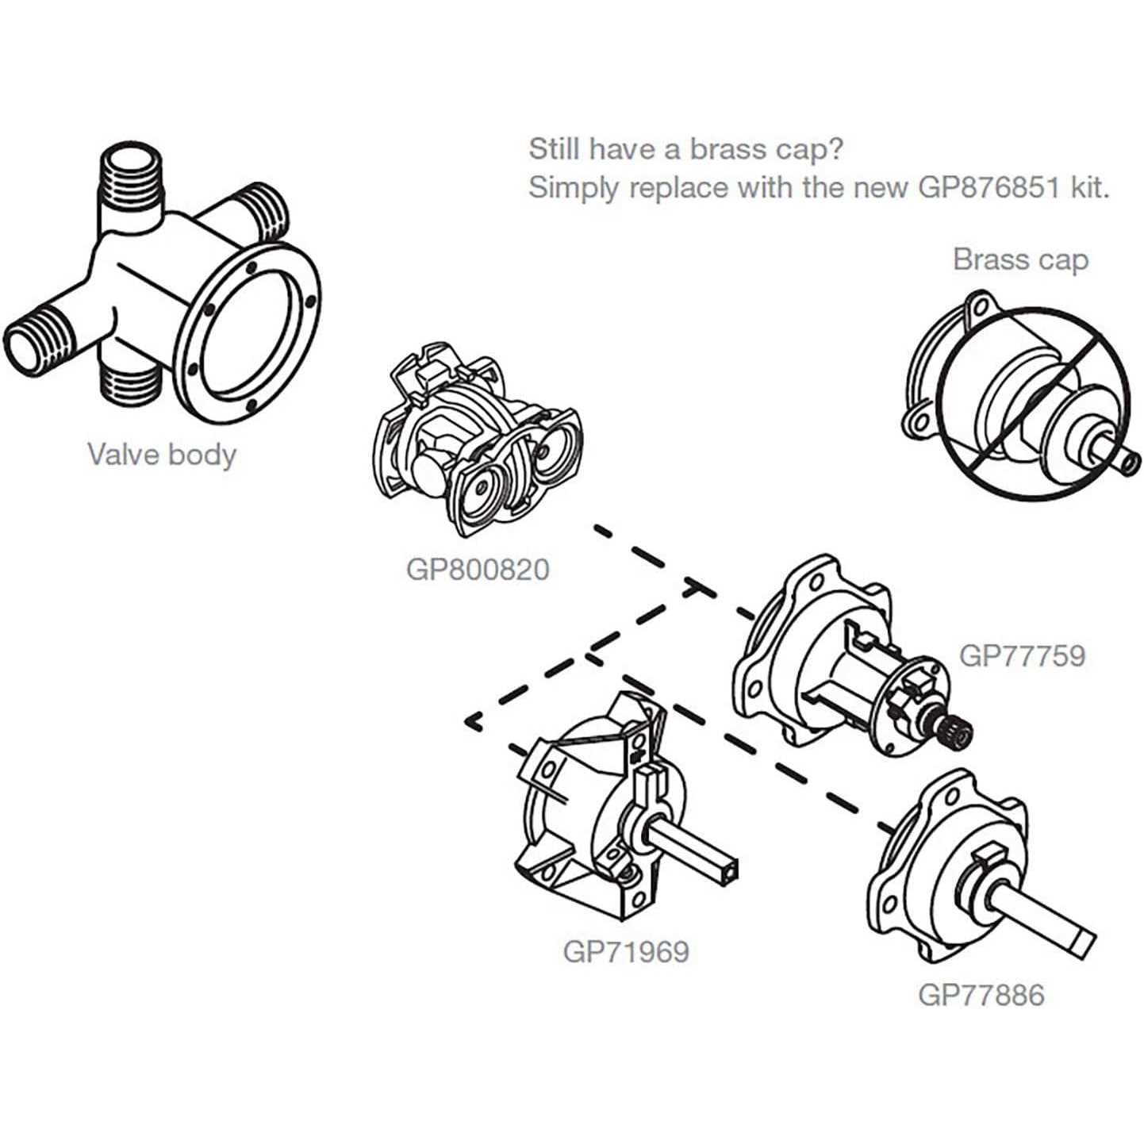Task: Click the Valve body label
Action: tap(162, 455)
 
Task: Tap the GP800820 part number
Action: tap(477, 570)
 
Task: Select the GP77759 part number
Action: tap(1022, 656)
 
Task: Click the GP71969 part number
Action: tap(626, 951)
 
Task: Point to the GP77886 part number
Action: tap(981, 995)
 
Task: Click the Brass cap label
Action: tap(1020, 259)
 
